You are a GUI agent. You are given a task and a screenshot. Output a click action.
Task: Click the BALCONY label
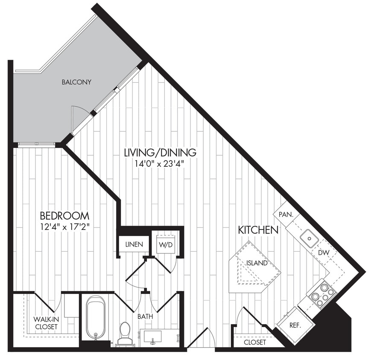tap(76, 82)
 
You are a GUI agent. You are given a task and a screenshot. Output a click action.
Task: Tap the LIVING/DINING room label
tap(160, 152)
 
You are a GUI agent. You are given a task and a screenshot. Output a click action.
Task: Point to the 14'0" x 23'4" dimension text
tap(160, 163)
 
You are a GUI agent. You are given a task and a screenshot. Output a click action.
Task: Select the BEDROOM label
tap(64, 215)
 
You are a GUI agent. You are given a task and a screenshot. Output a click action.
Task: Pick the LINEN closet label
tap(134, 245)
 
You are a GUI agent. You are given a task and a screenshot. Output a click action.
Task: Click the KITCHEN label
tap(258, 230)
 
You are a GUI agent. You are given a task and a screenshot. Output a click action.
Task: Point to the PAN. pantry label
tap(286, 215)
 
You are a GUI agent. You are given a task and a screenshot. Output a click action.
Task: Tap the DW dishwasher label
tap(323, 253)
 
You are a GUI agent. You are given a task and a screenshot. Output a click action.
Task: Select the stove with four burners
tap(322, 294)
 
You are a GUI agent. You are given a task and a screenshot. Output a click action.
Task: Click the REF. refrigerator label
tap(295, 325)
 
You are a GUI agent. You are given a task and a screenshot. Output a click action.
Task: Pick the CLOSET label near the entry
tap(255, 342)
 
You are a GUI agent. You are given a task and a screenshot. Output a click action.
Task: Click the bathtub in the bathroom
tap(96, 318)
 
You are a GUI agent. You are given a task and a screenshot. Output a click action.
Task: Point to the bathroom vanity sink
tap(152, 337)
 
